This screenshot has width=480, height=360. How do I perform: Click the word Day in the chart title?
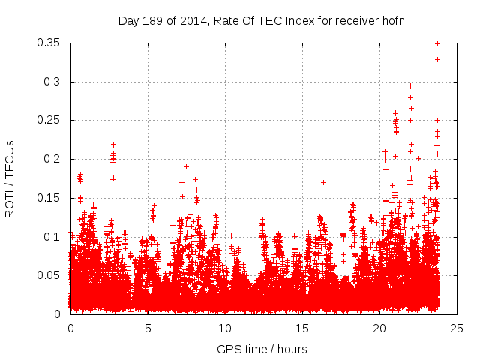click(x=129, y=20)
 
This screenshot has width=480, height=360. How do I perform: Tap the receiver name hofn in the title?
click(x=392, y=20)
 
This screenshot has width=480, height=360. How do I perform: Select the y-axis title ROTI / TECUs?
click(x=10, y=178)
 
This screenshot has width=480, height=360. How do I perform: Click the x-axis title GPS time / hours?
click(x=262, y=349)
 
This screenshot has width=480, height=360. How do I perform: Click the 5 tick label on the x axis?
click(x=148, y=328)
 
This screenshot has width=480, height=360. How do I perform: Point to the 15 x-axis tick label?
click(x=302, y=328)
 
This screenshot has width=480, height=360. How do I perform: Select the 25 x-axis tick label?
click(x=457, y=328)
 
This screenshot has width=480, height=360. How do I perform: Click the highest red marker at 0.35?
click(x=437, y=43)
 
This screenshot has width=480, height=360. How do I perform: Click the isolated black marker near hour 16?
click(x=323, y=182)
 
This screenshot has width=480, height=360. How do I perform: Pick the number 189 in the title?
click(x=157, y=20)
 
